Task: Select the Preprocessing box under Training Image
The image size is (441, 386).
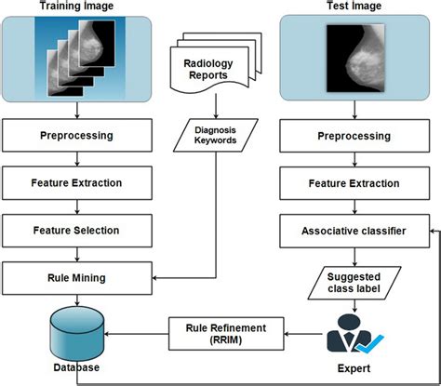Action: coord(76,135)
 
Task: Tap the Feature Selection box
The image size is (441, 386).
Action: coord(76,229)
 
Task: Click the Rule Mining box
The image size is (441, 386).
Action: coord(76,275)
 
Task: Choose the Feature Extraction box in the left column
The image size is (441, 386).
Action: coord(76,182)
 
